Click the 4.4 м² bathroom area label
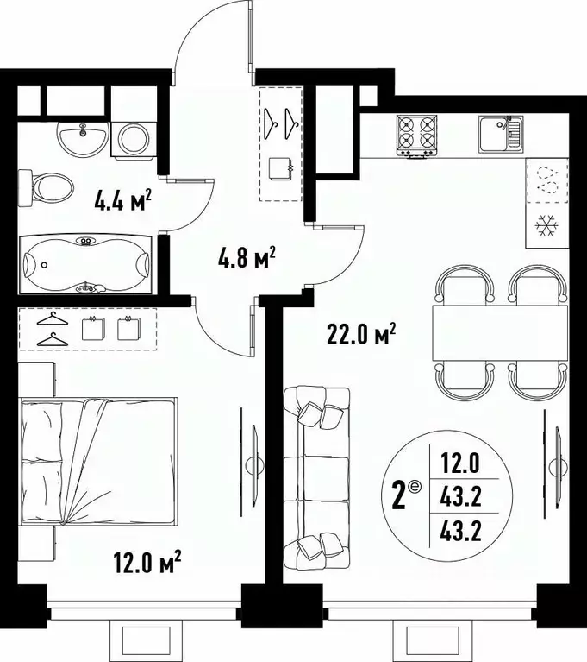123,205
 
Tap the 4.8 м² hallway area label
247,257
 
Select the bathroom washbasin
83,136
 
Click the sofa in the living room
316,473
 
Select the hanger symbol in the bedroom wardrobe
53,330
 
